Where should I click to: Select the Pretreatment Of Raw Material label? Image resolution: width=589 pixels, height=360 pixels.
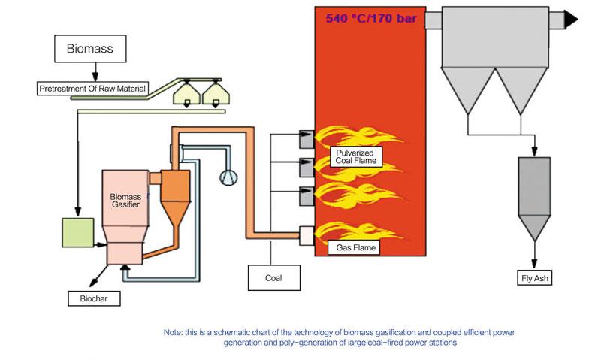[92, 89]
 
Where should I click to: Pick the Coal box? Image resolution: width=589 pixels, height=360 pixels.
[273, 277]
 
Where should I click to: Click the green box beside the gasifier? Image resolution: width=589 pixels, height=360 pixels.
[77, 231]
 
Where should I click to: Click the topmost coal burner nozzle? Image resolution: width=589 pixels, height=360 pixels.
[306, 138]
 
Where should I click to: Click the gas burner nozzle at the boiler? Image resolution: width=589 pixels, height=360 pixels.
[306, 235]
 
